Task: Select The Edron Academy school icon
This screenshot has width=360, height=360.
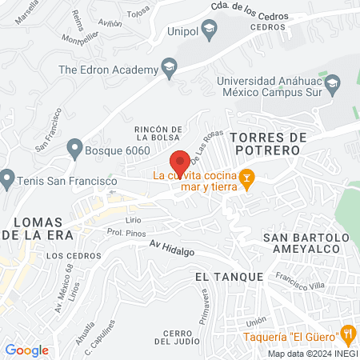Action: [169, 69]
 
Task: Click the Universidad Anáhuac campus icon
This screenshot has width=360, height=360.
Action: [336, 83]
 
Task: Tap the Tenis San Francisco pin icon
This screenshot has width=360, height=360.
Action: [8, 178]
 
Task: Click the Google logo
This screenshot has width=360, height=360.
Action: [26, 350]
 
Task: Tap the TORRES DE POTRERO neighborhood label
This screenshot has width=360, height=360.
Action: [268, 142]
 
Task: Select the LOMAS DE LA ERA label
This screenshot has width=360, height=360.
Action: [37, 228]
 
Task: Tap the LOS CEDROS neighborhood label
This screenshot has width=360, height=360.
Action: [64, 256]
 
